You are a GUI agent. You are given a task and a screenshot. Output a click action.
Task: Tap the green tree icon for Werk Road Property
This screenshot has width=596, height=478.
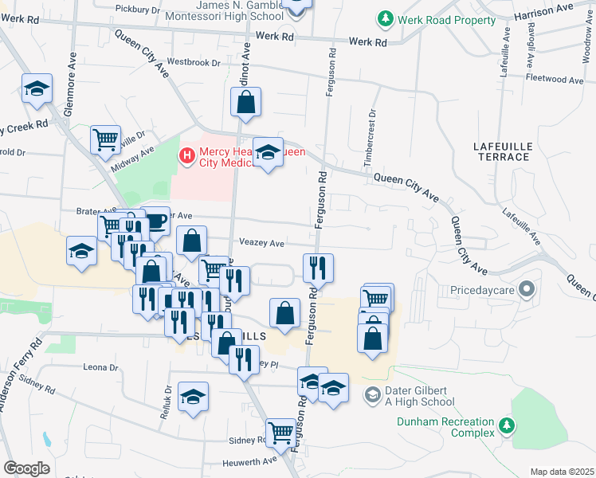tap(386, 18)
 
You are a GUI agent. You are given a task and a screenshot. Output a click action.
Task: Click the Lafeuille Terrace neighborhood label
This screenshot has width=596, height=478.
tap(501, 151)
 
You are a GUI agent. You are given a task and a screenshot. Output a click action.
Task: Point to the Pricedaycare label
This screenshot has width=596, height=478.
tap(483, 290)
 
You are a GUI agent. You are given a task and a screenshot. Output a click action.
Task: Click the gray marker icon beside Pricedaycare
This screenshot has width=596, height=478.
tap(527, 289)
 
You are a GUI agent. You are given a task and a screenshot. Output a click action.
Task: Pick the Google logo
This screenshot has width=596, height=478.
tap(26, 468)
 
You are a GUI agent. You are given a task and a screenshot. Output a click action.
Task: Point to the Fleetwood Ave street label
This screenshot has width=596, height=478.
tap(555, 80)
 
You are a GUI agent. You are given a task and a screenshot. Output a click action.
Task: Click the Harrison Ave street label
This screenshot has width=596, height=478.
tap(543, 10)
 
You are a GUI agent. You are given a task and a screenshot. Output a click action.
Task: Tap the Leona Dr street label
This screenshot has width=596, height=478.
tap(100, 368)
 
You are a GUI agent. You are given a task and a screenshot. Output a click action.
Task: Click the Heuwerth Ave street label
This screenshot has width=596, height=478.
tap(252, 460)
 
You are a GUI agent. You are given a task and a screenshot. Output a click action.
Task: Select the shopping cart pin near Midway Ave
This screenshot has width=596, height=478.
tap(105, 140)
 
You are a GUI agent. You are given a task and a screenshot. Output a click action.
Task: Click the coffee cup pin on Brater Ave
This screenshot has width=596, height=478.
tap(155, 220)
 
